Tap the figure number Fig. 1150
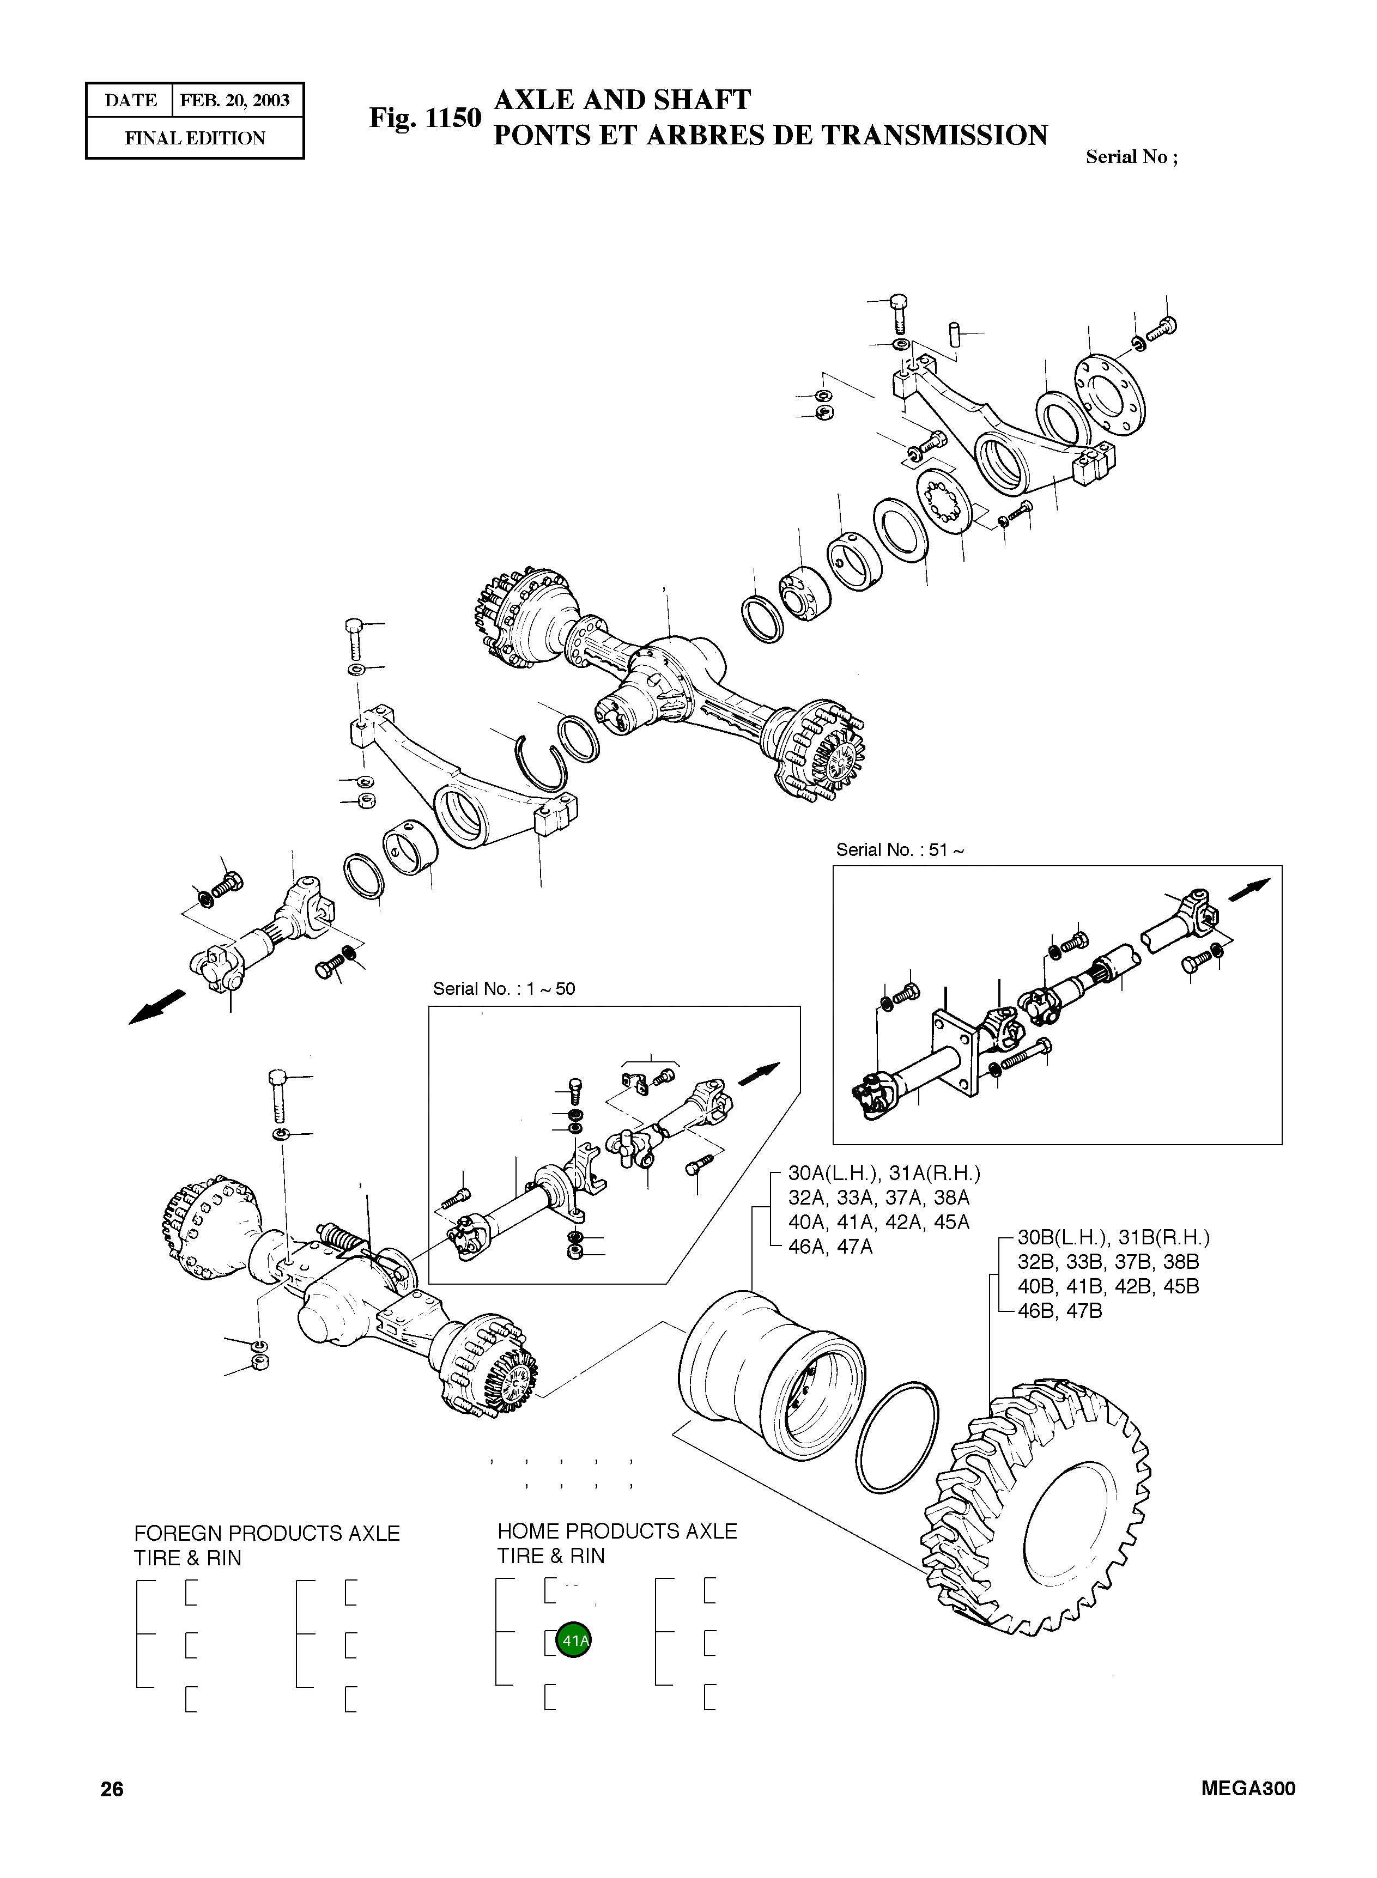(x=425, y=118)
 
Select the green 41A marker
(x=573, y=1640)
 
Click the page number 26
(x=112, y=1789)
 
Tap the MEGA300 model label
(x=1248, y=1789)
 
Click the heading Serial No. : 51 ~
(x=900, y=850)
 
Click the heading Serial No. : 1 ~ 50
(x=504, y=989)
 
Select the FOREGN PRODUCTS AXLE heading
(x=266, y=1533)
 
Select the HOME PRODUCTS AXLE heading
(x=617, y=1531)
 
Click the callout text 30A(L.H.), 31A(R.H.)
(x=883, y=1174)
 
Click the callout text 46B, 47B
(x=1059, y=1311)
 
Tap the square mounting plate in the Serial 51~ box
(x=954, y=1052)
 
